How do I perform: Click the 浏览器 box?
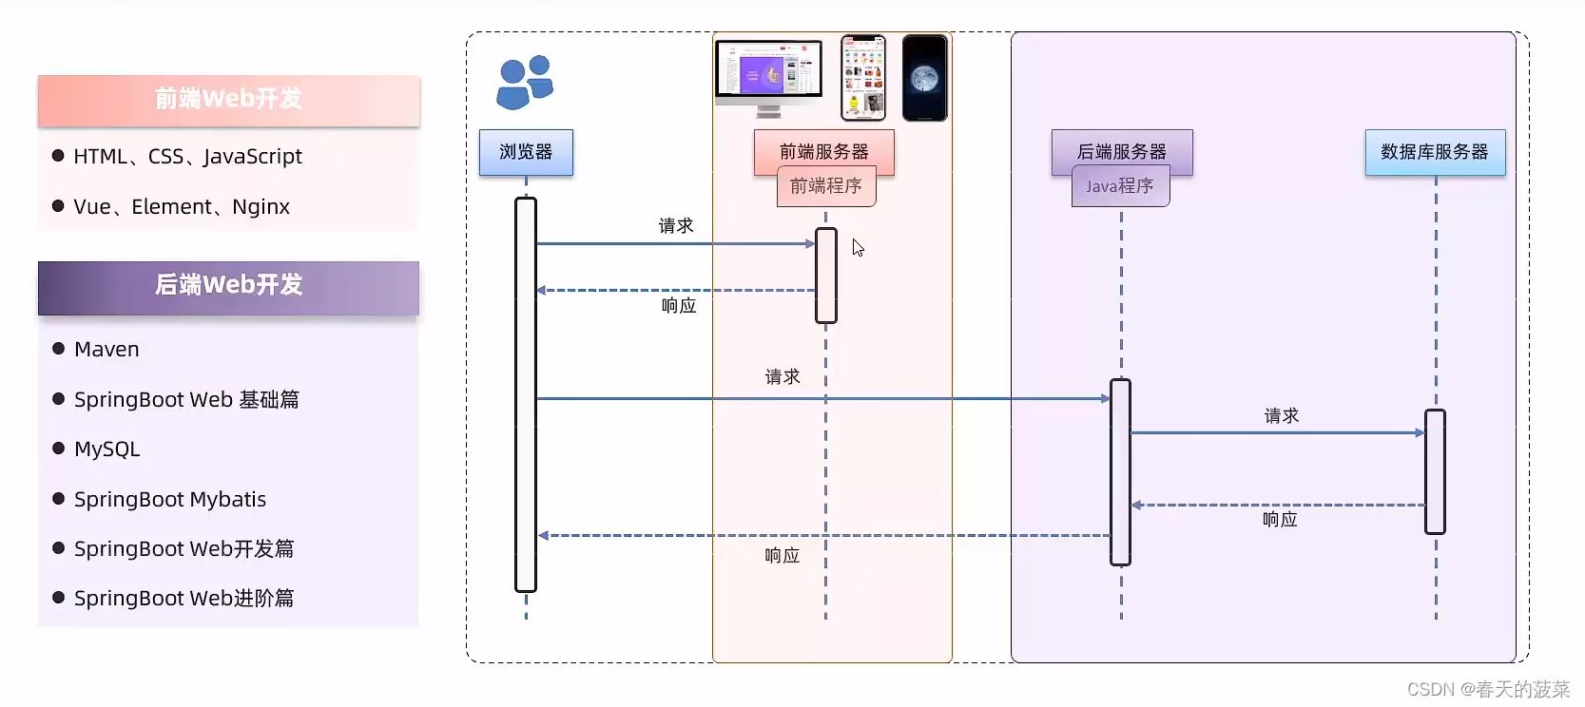click(x=526, y=152)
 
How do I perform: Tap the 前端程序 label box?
click(x=826, y=186)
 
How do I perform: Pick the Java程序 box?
click(x=1120, y=186)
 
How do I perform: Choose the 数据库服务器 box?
click(x=1434, y=152)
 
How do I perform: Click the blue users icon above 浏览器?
click(x=524, y=82)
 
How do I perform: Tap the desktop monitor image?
click(x=768, y=76)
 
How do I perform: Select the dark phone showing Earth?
click(x=924, y=78)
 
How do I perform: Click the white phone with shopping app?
click(x=863, y=78)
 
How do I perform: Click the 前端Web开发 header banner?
click(x=228, y=100)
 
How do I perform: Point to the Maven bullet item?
click(x=106, y=350)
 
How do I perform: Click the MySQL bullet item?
click(x=106, y=449)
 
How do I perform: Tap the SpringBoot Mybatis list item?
click(x=170, y=500)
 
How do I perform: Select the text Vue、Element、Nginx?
click(x=182, y=207)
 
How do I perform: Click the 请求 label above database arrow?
click(x=1281, y=415)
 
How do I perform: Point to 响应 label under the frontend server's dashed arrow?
click(x=679, y=306)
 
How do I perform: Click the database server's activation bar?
click(x=1435, y=471)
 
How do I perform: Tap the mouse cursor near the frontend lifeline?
click(x=858, y=248)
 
